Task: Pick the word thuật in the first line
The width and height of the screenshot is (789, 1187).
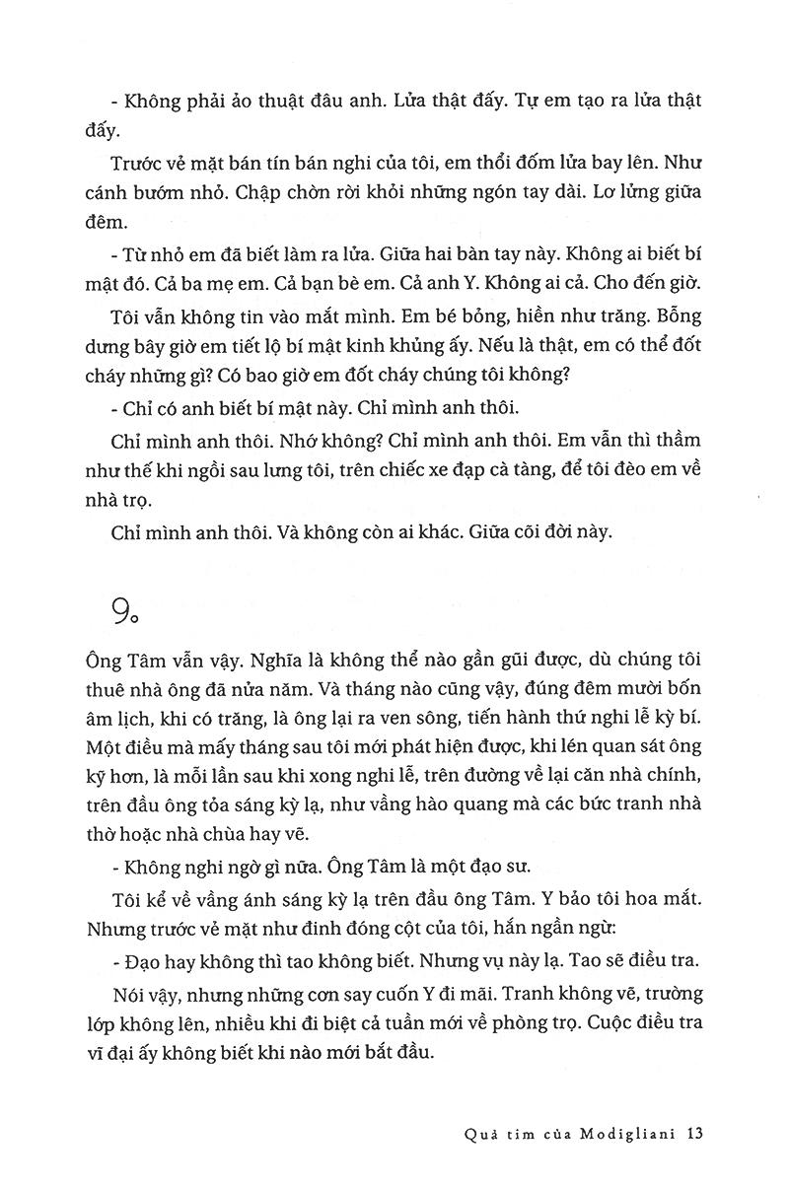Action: [x=259, y=103]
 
